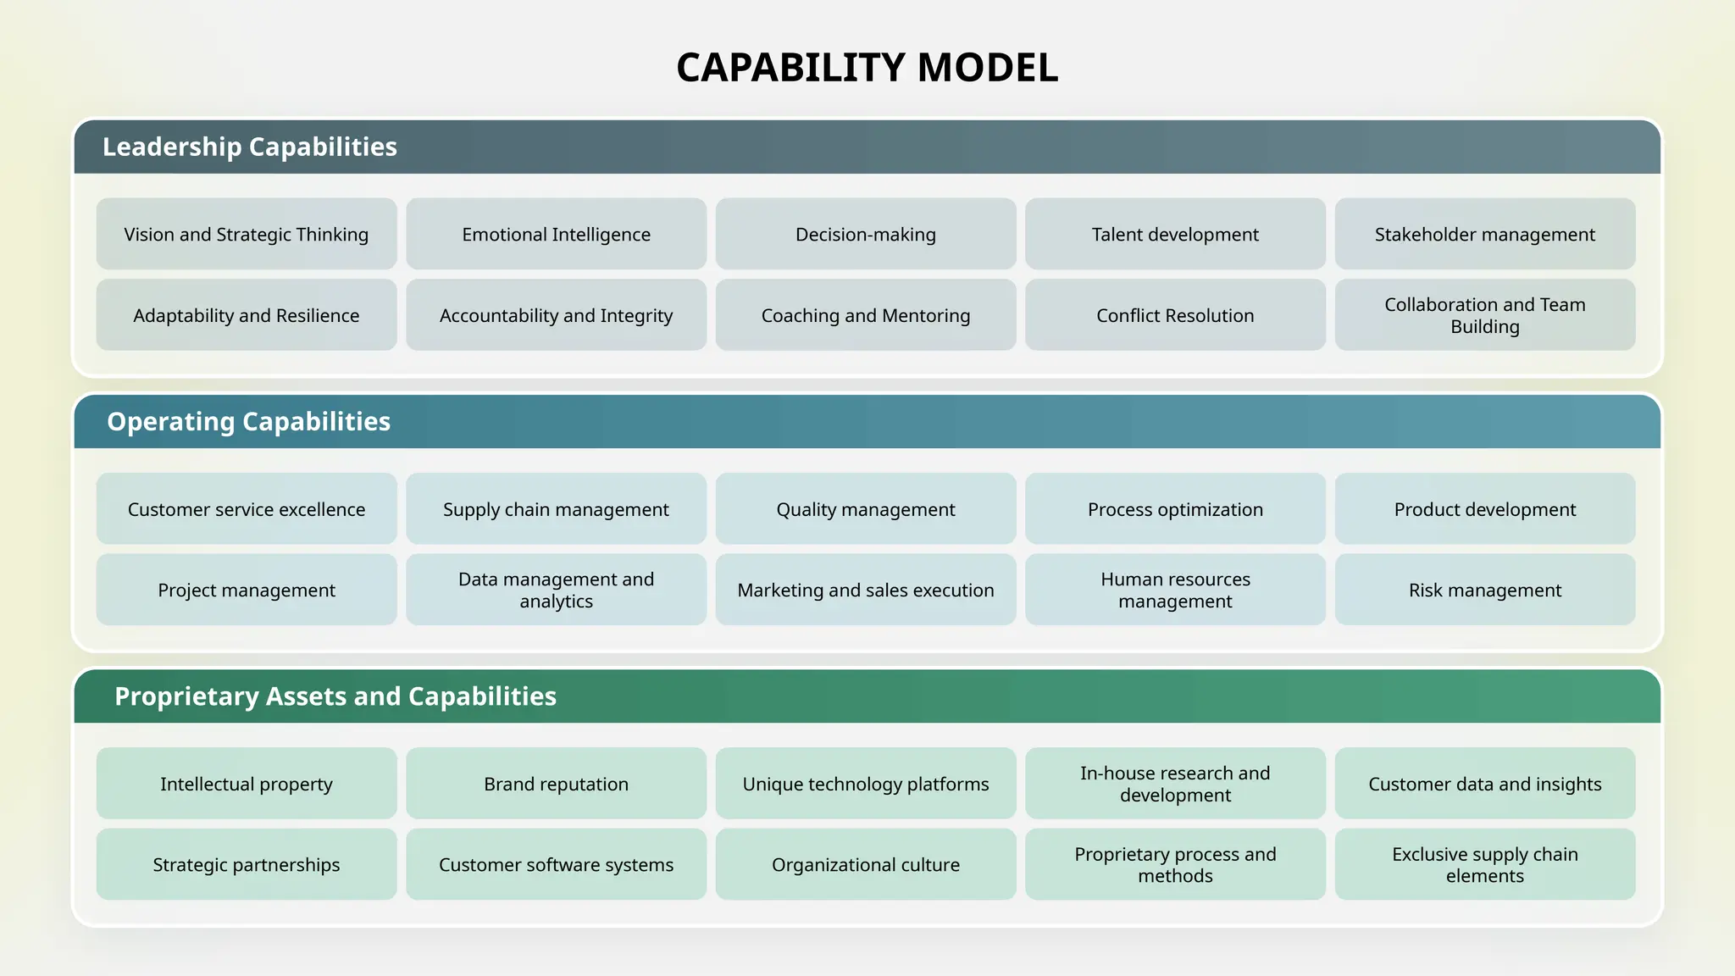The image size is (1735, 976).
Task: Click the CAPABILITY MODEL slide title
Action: click(x=867, y=68)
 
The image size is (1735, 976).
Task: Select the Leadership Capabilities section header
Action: click(x=250, y=147)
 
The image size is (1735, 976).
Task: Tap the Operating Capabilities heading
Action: click(x=248, y=421)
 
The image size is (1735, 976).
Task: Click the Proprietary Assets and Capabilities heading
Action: click(x=335, y=696)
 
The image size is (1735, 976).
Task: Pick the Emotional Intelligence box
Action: click(x=556, y=235)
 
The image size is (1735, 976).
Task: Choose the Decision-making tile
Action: click(x=865, y=235)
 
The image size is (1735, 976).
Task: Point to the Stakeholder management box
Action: click(x=1484, y=235)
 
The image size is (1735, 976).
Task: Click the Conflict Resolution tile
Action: click(x=1175, y=315)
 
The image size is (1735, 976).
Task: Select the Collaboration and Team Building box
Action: click(x=1484, y=315)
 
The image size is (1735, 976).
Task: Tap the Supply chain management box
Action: click(x=556, y=509)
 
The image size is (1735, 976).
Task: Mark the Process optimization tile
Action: click(x=1175, y=509)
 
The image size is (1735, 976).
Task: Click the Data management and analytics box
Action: click(x=556, y=590)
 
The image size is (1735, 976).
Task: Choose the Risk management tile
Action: click(x=1484, y=590)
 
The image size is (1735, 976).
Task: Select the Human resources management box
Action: click(x=1175, y=590)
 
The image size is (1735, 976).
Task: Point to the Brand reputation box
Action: click(x=556, y=784)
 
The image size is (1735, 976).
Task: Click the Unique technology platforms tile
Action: click(x=865, y=784)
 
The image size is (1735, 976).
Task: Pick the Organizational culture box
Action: click(x=865, y=864)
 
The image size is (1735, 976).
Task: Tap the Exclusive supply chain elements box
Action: click(x=1484, y=864)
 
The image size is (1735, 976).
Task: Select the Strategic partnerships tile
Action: click(x=246, y=864)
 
